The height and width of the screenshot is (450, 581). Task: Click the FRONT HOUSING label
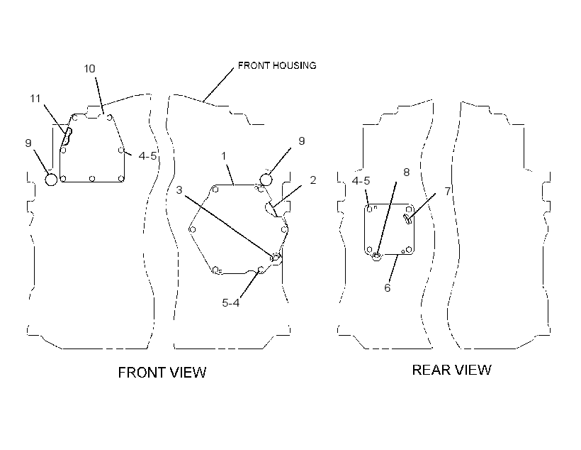277,66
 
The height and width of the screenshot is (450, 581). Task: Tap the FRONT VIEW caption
162,373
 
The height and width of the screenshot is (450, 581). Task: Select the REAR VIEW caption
451,370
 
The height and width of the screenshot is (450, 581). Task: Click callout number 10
89,69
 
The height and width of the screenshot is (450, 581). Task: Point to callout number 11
35,99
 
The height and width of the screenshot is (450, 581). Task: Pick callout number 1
223,156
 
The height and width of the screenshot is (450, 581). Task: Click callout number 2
313,180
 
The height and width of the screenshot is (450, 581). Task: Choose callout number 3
179,190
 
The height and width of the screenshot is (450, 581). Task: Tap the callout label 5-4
230,303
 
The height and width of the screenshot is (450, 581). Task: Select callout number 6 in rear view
387,287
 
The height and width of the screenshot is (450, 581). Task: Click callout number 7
448,191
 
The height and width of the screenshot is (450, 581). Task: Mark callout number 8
407,172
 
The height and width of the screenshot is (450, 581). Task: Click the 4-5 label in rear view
361,181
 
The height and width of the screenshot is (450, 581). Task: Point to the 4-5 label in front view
147,156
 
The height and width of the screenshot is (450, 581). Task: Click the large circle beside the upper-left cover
51,180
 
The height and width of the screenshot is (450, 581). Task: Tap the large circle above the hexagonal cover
266,180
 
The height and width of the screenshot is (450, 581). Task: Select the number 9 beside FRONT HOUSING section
302,141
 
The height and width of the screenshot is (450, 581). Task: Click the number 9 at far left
28,143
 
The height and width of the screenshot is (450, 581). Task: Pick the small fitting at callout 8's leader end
376,256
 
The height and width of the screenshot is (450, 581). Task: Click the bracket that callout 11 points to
67,137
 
